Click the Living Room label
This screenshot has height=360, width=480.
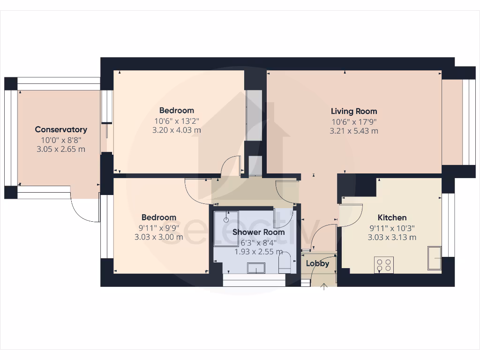[x=354, y=111]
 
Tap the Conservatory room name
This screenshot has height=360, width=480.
[x=61, y=129]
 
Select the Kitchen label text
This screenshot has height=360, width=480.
[x=392, y=217]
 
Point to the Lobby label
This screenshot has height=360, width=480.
[x=317, y=263]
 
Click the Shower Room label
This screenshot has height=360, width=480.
[x=258, y=232]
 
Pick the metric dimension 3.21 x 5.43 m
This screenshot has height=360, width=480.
[x=354, y=131]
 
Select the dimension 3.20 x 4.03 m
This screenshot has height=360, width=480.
[x=177, y=130]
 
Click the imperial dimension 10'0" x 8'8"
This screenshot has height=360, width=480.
[x=61, y=140]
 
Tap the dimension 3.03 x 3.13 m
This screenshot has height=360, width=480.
[x=392, y=237]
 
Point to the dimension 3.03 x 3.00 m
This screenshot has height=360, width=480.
[x=159, y=237]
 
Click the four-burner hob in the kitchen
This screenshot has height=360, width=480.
[x=383, y=265]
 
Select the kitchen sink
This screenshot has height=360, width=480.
[x=434, y=257]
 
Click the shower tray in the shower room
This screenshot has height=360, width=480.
[x=226, y=228]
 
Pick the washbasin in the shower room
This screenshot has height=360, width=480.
[x=256, y=267]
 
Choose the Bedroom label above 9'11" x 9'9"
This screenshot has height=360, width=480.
[x=159, y=217]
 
